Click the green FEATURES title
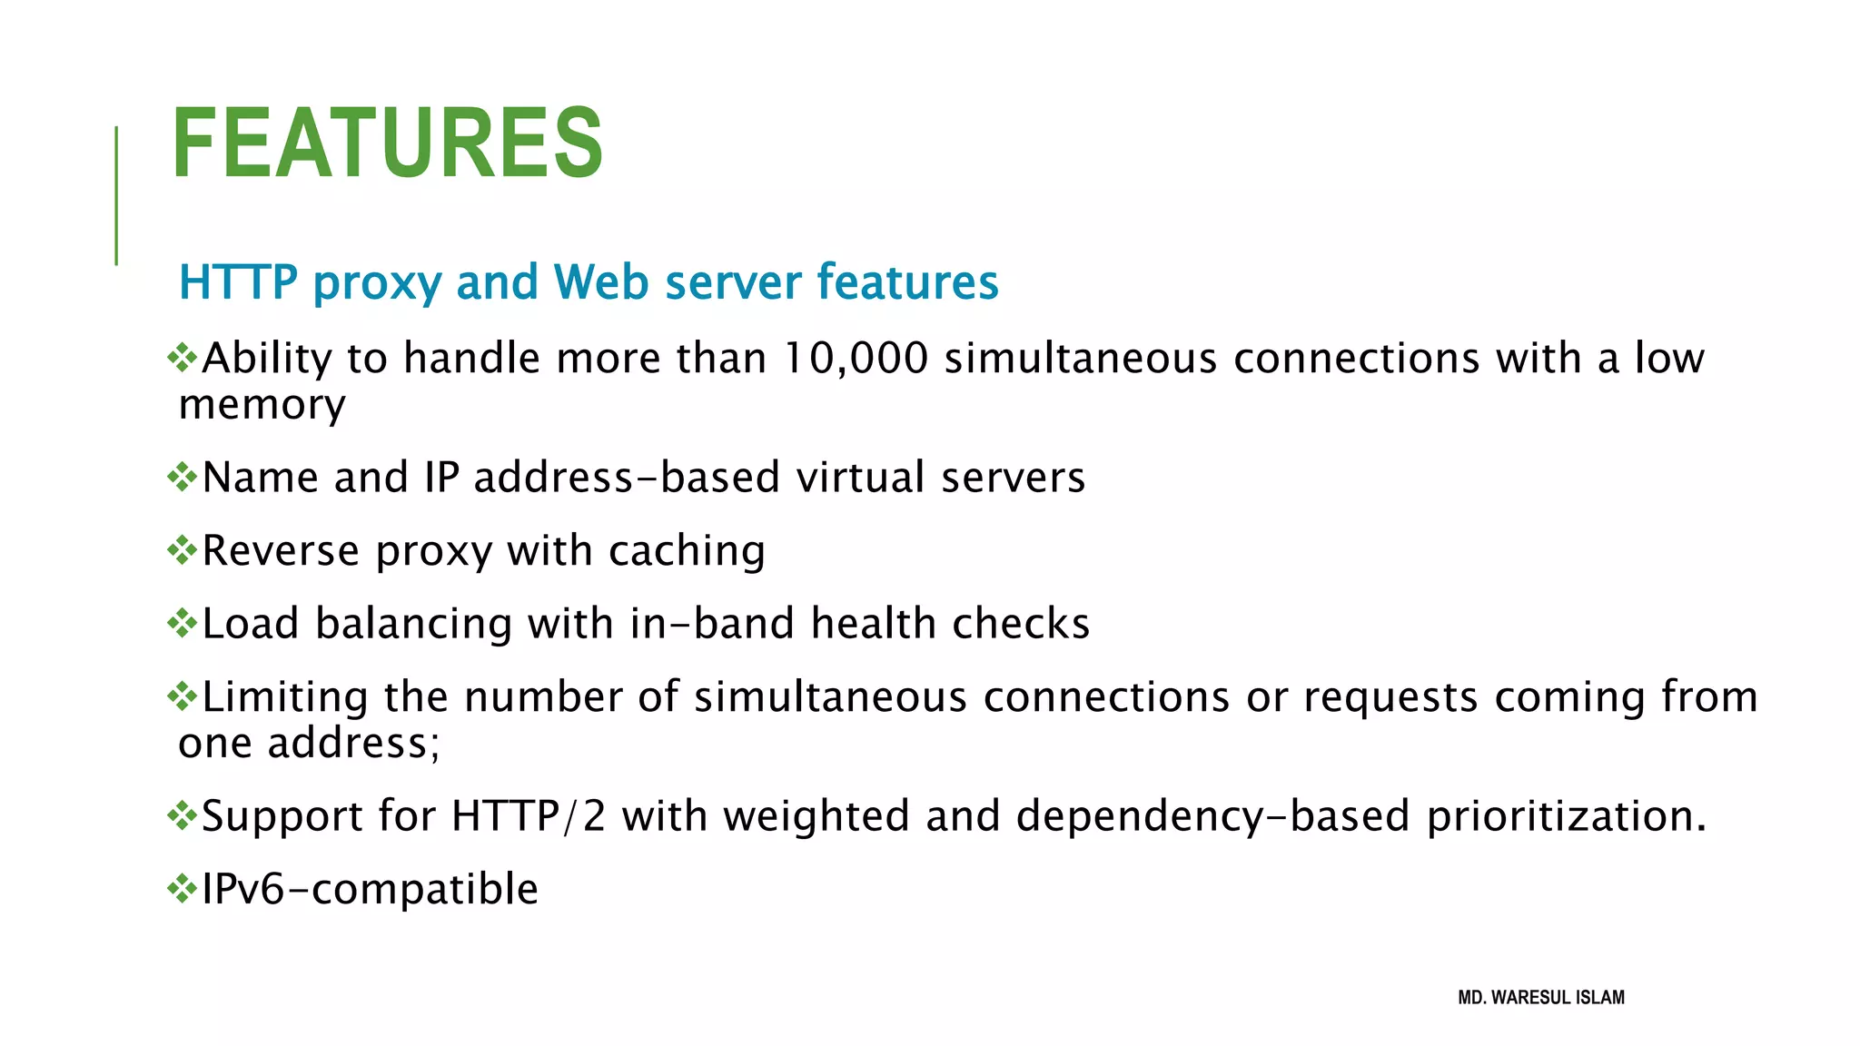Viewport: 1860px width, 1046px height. pos(387,143)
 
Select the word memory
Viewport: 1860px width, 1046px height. pos(262,405)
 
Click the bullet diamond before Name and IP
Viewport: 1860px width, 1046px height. pos(183,477)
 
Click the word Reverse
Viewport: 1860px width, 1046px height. pos(281,550)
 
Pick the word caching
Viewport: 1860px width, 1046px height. pos(687,551)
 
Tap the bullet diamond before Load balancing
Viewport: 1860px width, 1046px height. pos(183,623)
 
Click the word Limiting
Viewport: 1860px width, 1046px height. pos(285,696)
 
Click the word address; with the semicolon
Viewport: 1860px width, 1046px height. pos(353,743)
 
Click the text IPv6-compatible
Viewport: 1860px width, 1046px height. pos(370,888)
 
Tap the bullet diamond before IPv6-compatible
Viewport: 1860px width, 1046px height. pos(183,888)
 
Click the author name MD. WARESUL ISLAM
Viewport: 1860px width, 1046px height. pos(1541,997)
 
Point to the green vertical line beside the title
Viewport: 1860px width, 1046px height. pos(116,195)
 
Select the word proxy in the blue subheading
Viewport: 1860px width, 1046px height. pos(377,283)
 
